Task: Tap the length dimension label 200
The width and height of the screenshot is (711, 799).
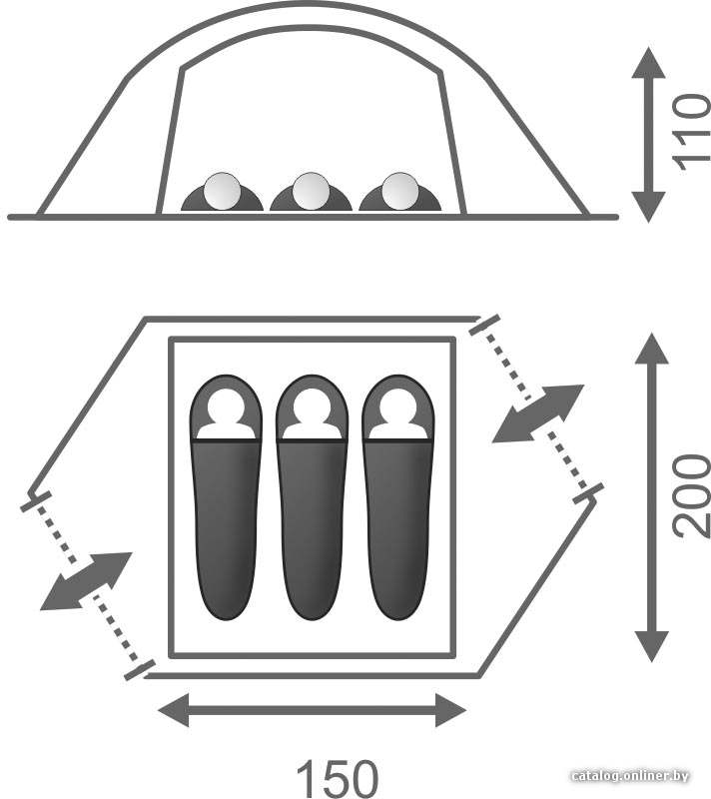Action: click(x=692, y=496)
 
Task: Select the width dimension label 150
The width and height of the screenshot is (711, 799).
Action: click(x=338, y=779)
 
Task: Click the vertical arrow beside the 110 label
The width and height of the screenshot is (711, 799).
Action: click(x=648, y=135)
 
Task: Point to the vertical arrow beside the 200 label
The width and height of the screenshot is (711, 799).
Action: click(x=651, y=497)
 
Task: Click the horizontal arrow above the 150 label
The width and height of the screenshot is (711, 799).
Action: click(x=313, y=710)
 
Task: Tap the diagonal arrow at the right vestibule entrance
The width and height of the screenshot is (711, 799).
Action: click(x=538, y=413)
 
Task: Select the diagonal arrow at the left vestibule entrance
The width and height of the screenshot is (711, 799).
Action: click(x=86, y=581)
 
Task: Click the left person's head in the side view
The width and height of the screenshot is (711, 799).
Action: click(x=222, y=191)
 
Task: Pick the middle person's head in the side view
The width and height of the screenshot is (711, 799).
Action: click(x=311, y=191)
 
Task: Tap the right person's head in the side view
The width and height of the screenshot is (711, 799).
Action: click(x=399, y=191)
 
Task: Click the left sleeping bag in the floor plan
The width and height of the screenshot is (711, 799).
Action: click(x=226, y=497)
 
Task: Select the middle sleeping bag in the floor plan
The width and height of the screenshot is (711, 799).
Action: click(x=312, y=497)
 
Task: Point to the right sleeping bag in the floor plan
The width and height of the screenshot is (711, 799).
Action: click(x=397, y=497)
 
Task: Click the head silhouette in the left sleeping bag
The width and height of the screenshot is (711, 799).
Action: click(x=226, y=414)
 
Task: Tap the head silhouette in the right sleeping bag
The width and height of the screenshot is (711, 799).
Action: click(x=398, y=414)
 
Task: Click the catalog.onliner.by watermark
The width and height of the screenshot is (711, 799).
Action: click(x=629, y=776)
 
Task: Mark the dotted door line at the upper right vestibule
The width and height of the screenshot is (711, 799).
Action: click(x=536, y=408)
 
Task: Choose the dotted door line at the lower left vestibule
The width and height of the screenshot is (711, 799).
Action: click(x=88, y=585)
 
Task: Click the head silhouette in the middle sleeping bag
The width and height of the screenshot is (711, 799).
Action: click(x=313, y=414)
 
